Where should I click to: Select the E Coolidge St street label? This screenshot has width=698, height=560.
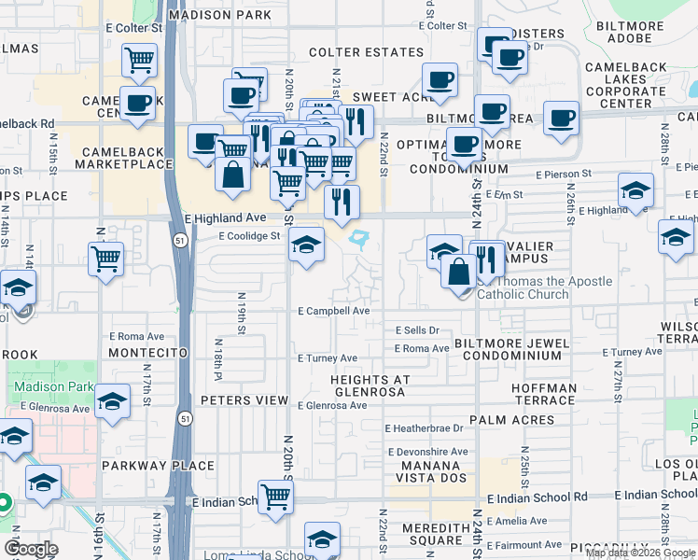250,237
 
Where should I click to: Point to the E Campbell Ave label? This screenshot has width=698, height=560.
334,311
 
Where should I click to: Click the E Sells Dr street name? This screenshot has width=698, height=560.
416,330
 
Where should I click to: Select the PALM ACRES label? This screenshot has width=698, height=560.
507,420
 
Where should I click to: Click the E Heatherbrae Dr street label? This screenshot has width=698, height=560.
426,428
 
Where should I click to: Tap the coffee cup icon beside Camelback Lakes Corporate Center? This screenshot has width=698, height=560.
561,118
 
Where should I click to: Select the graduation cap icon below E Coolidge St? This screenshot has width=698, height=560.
306,245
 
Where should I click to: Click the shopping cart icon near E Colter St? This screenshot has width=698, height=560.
139,60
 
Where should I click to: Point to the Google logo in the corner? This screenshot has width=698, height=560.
31,549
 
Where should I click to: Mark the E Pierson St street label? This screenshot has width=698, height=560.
564,174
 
